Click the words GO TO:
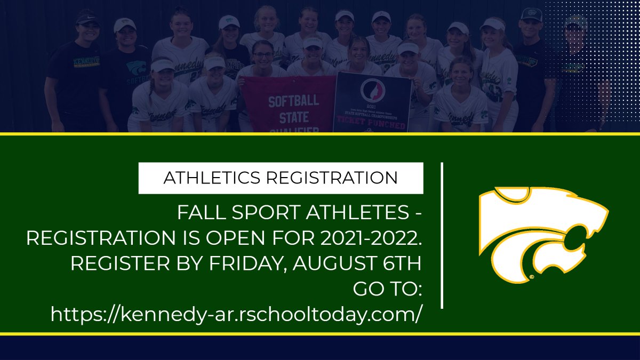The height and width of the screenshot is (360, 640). [388, 289]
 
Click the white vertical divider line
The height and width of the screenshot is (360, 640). [443, 235]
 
